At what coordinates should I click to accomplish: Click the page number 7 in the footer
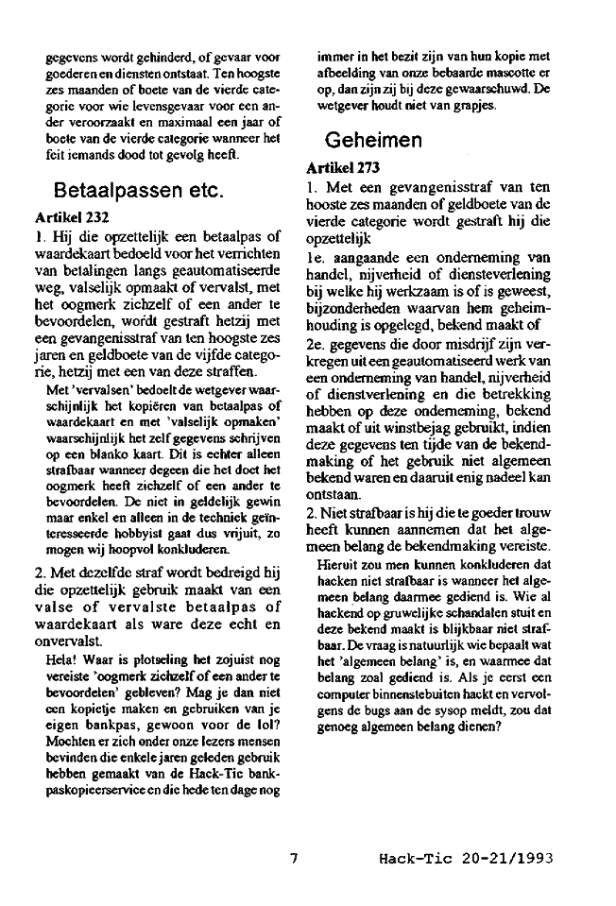click(x=294, y=859)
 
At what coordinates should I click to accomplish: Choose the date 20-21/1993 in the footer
click(x=508, y=859)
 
